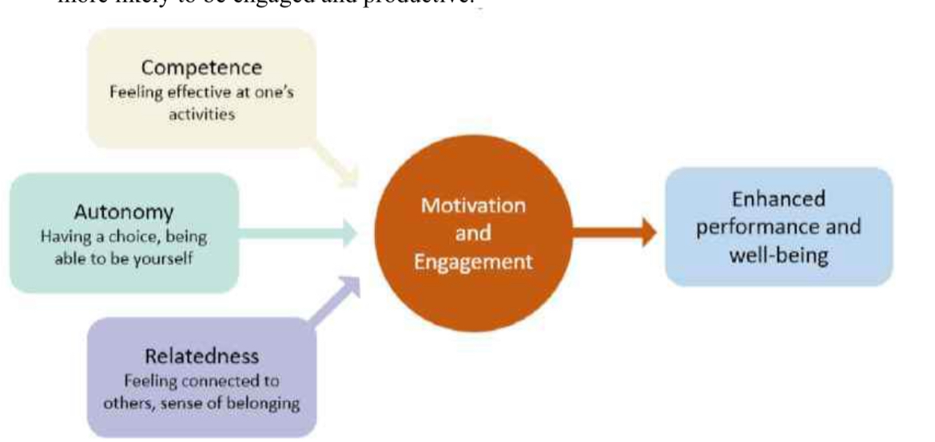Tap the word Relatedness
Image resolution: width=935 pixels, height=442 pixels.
coord(201,356)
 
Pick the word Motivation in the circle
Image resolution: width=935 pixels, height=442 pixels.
coord(473,205)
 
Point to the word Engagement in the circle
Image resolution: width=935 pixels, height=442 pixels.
coord(473,262)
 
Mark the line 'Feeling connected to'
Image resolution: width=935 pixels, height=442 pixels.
coord(201,380)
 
